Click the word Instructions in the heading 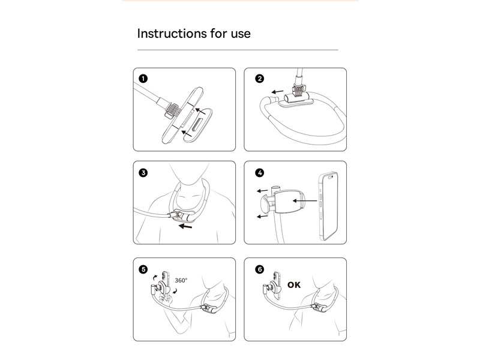coord(172,33)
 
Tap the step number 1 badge coord(143,79)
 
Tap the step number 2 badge coord(259,79)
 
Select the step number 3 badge coord(143,173)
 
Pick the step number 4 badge coord(259,173)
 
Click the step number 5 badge coord(143,269)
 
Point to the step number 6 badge coord(259,269)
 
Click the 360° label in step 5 coord(181,280)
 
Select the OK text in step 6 coord(294,285)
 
